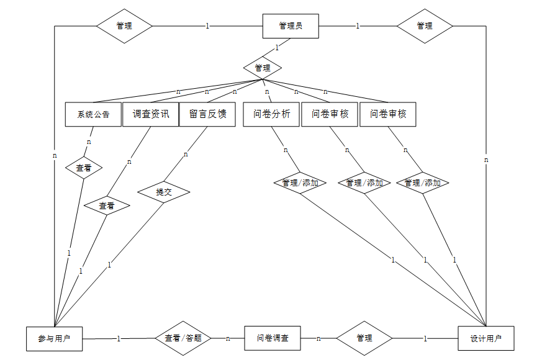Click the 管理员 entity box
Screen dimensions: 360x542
coord(291,26)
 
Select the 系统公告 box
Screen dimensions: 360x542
coord(93,114)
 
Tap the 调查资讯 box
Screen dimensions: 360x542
coord(151,114)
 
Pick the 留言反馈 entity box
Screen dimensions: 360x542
coord(207,114)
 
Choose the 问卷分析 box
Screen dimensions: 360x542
coord(271,114)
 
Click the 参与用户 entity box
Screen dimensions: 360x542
coord(54,338)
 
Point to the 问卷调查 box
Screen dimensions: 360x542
coord(273,338)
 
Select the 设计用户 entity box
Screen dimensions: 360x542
coord(486,338)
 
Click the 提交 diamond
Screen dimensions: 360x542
coord(164,192)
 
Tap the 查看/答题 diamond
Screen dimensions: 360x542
coord(183,338)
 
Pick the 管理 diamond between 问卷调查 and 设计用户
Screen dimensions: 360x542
coord(364,338)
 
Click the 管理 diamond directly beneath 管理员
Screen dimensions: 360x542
coord(263,68)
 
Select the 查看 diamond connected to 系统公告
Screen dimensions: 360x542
coord(84,168)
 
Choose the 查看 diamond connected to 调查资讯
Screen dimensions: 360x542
coord(107,205)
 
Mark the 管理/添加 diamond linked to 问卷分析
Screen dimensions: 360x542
coord(300,183)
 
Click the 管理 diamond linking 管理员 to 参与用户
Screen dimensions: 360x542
coord(124,26)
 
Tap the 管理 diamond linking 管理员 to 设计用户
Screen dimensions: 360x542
coord(425,26)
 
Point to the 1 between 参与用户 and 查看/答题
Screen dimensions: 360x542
coord(119,338)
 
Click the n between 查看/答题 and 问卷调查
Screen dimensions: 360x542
coord(228,338)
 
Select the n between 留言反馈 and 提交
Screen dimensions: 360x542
coord(186,155)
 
